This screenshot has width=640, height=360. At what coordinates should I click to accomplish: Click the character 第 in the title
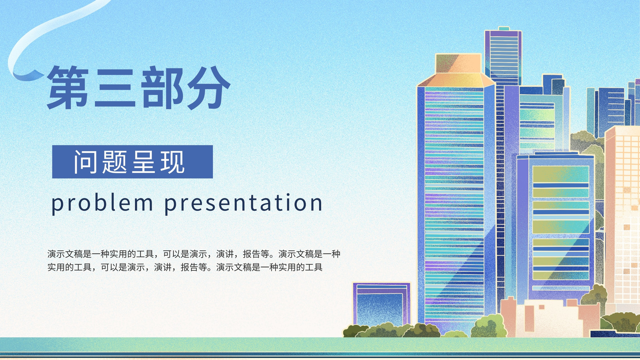[x=68, y=88]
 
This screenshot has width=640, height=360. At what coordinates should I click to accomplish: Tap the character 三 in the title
[x=115, y=88]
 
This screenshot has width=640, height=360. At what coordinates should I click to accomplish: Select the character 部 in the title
[x=162, y=88]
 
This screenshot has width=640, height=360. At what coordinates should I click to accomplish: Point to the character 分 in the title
[x=209, y=88]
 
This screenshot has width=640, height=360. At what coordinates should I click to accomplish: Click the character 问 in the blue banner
[x=86, y=162]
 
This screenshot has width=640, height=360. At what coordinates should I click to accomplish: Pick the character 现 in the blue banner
[x=172, y=162]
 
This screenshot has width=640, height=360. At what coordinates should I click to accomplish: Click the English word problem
[x=102, y=204]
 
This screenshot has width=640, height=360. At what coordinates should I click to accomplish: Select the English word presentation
[x=244, y=204]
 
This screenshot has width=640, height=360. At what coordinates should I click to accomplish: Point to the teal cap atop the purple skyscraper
[x=504, y=28]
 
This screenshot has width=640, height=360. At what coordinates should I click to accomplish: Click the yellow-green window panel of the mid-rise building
[x=560, y=223]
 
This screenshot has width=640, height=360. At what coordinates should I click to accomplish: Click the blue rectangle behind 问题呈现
[x=132, y=162]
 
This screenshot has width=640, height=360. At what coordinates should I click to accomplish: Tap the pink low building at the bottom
[x=550, y=317]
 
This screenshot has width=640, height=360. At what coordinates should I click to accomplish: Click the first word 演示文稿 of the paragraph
[x=65, y=254]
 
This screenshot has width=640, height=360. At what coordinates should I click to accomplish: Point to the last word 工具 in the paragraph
[x=314, y=267]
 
